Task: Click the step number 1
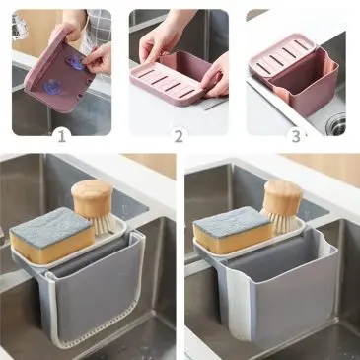click(x=62, y=136)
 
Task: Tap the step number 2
click(x=179, y=136)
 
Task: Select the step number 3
click(x=296, y=136)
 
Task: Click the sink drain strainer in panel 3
click(x=336, y=123)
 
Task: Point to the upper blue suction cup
click(x=76, y=62)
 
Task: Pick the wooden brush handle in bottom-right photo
click(x=283, y=196)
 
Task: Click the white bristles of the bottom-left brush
click(x=104, y=224)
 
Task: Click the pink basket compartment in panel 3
click(x=304, y=85)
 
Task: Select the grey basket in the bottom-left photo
click(x=96, y=289)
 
